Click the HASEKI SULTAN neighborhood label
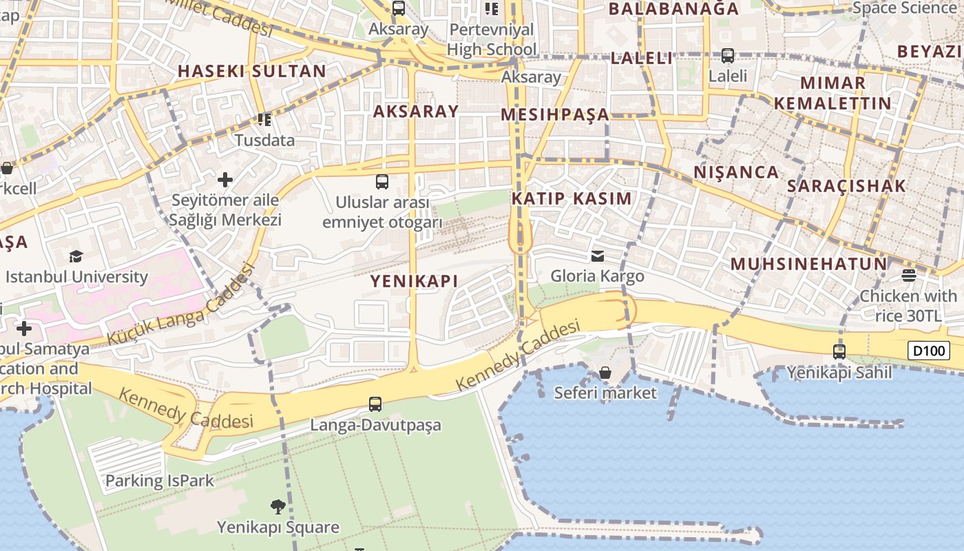pos(252,71)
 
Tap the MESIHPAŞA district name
pos(555,114)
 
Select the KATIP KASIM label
pos(572,199)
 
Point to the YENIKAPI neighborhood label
pos(415,281)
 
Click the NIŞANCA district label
pos(736,172)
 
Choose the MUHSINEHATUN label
pos(809,264)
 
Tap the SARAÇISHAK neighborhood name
pos(847,186)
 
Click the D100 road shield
pos(928,351)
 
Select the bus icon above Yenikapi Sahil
pos(839,351)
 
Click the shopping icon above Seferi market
pos(605,373)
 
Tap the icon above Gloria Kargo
pos(598,256)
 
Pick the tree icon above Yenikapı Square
pos(278,507)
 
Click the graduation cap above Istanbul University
pos(76,257)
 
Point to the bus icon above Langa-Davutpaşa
pos(375,404)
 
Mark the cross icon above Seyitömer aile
pos(225,180)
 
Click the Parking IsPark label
pos(160,481)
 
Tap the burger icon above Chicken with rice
pos(909,276)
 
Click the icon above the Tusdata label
pos(264,120)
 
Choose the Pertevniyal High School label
pos(492,39)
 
